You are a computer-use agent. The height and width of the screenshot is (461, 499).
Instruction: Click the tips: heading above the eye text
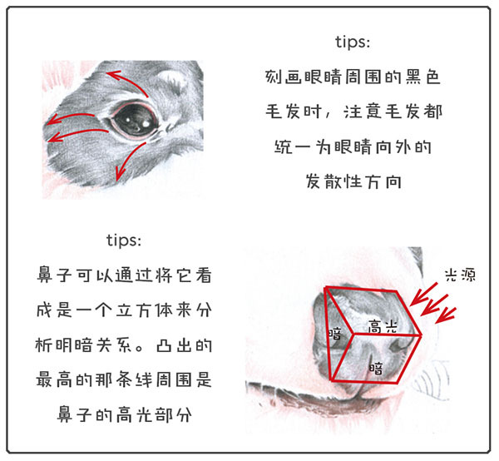click(353, 42)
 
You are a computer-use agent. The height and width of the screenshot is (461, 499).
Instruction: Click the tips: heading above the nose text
click(124, 240)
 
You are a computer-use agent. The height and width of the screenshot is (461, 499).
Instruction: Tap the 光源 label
click(460, 275)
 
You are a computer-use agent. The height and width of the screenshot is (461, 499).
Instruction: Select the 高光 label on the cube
click(383, 326)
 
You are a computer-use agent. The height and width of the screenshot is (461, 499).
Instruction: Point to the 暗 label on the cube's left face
click(335, 334)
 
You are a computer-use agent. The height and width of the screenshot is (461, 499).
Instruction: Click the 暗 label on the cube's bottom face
click(376, 368)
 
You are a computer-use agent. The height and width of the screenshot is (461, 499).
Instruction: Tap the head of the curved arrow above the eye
click(112, 75)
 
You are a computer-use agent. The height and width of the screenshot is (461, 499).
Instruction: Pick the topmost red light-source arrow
click(423, 295)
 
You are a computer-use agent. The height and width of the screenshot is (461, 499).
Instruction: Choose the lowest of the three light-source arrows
click(446, 315)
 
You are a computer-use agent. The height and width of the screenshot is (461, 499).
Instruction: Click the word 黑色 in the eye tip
click(423, 77)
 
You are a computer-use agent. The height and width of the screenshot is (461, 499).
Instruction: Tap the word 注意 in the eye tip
click(362, 112)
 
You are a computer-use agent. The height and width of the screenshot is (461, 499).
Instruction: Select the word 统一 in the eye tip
click(292, 146)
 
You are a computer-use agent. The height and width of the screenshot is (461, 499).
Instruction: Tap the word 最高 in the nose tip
click(54, 379)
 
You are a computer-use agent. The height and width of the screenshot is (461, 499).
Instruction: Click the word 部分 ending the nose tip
click(174, 414)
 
